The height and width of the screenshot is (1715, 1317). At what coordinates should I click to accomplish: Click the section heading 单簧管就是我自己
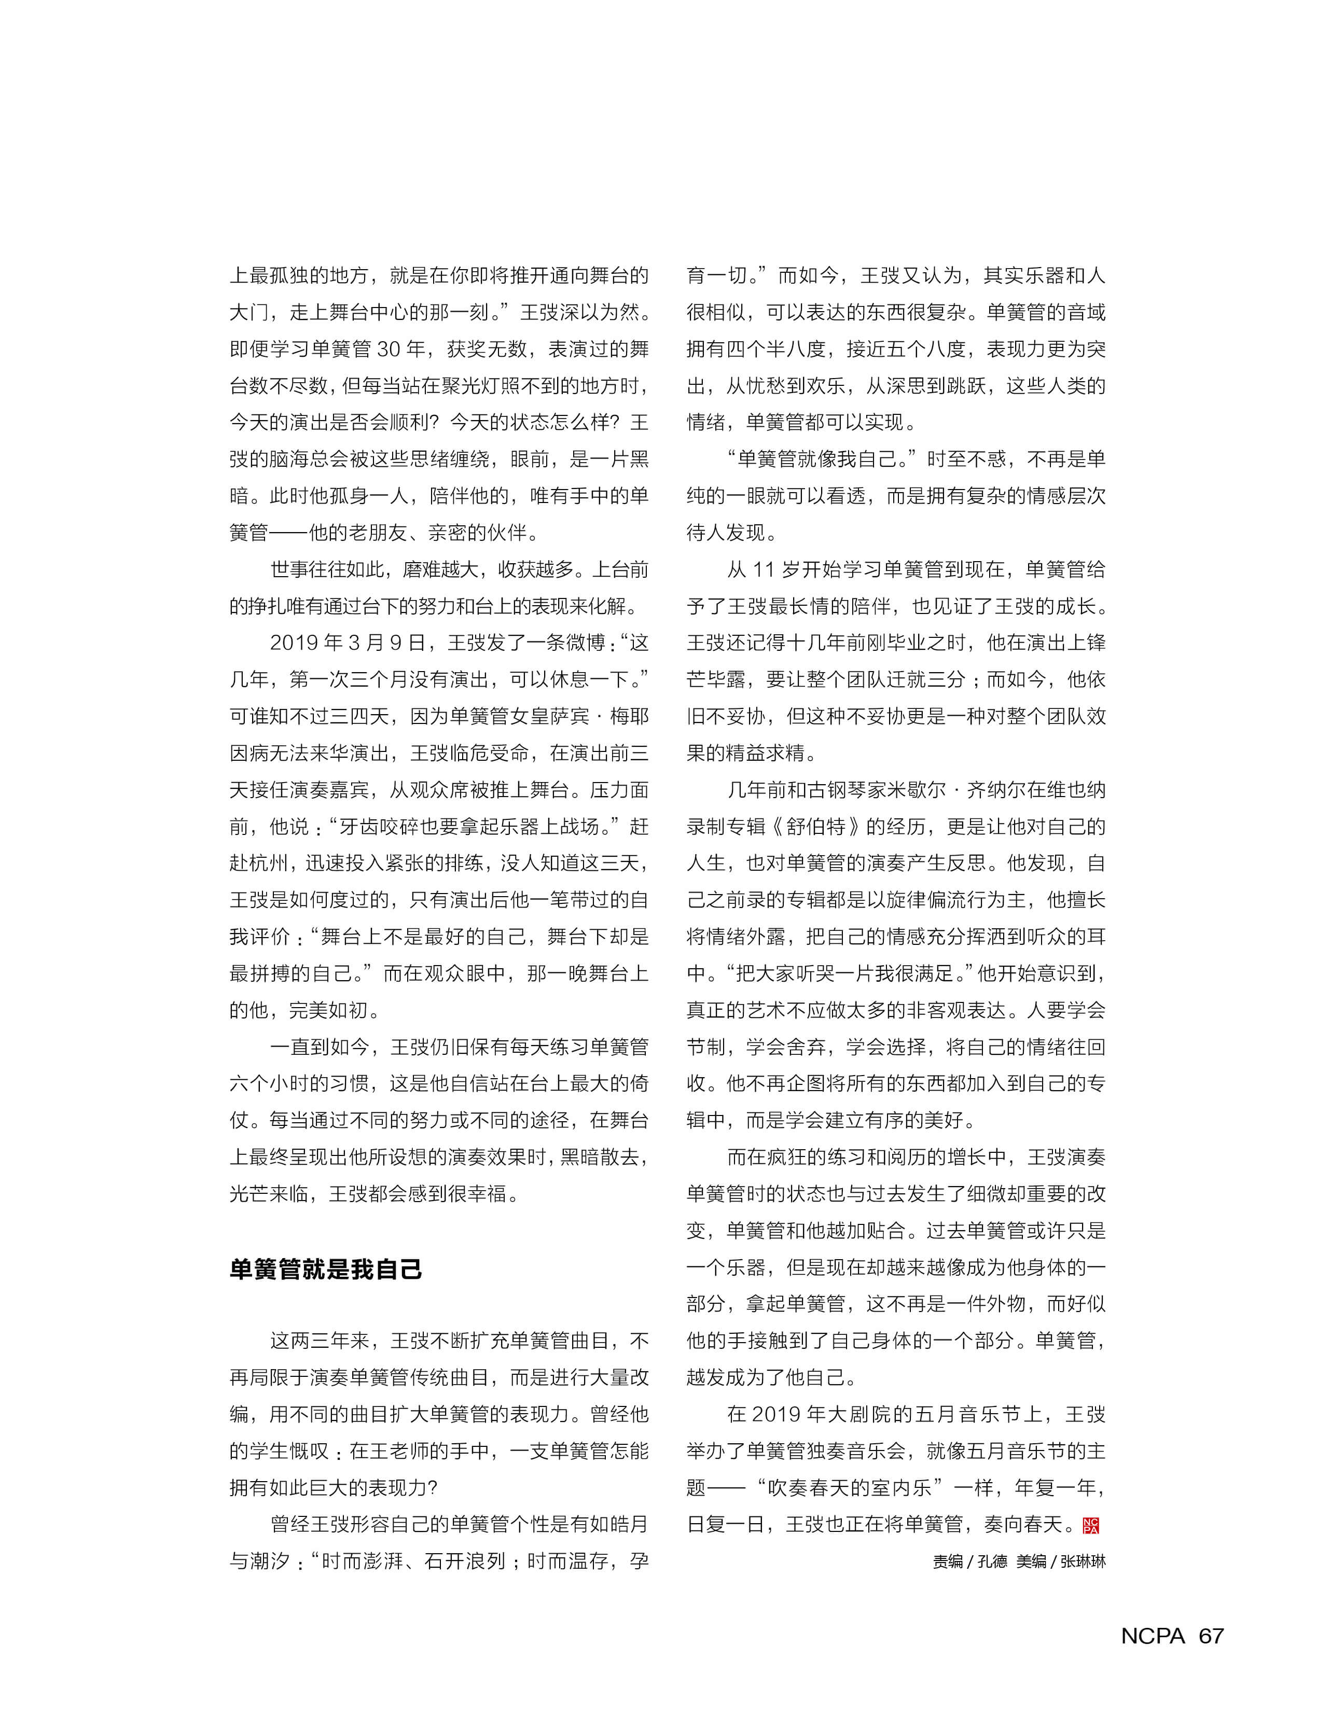point(325,1269)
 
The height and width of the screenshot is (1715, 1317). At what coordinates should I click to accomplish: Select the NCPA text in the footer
point(1153,1636)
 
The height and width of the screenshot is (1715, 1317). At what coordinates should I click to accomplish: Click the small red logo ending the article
point(1090,1525)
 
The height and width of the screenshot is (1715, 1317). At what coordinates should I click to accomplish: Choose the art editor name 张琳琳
point(1083,1561)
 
